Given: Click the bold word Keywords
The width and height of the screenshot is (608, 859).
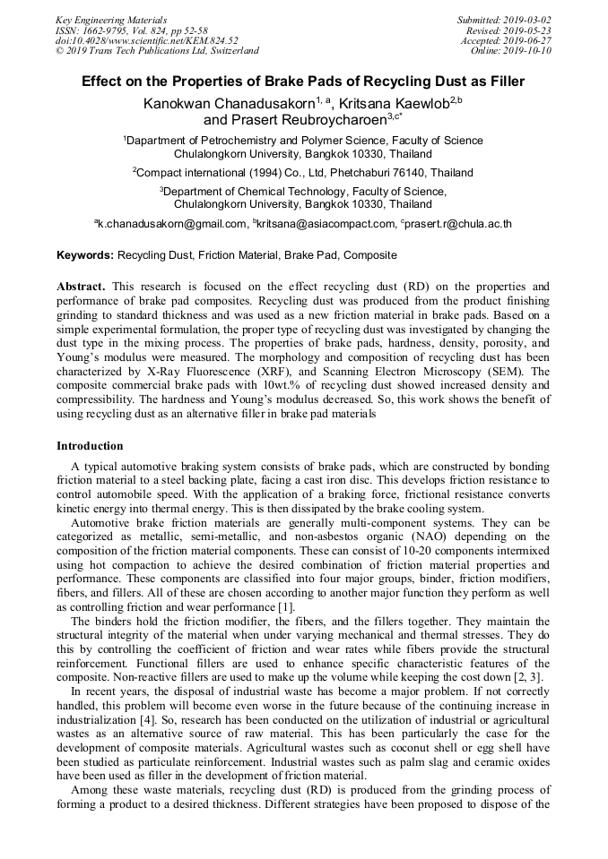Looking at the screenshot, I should click(85, 255).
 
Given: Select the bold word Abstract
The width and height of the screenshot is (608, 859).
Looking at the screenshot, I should click(81, 288).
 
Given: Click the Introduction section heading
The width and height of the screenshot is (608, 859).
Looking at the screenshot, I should click(90, 446).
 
